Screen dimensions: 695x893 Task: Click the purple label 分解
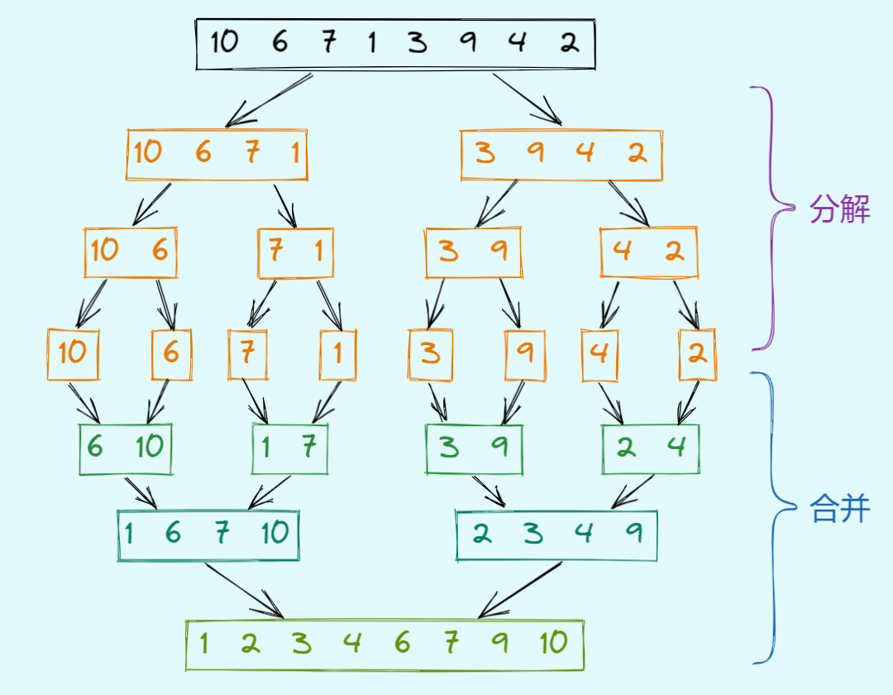coord(840,210)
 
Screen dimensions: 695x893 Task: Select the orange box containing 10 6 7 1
coord(217,155)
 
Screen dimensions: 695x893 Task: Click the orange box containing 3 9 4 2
coord(561,155)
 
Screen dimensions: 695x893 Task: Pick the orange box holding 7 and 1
coord(295,252)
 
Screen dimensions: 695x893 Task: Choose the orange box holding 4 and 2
coord(649,252)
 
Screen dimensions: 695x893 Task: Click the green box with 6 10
coord(126,449)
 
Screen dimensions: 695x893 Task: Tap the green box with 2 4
coord(651,449)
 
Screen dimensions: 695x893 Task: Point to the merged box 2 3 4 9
coord(556,535)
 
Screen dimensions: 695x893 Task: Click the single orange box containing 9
coord(525,354)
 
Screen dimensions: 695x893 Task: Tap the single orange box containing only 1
coord(338,354)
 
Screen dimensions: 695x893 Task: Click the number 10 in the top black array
coord(223,41)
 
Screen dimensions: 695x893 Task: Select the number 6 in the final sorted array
coord(403,643)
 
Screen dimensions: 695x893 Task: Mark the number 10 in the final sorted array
coord(553,643)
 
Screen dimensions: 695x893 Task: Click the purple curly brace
coord(774,217)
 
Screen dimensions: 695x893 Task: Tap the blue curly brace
coord(774,517)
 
